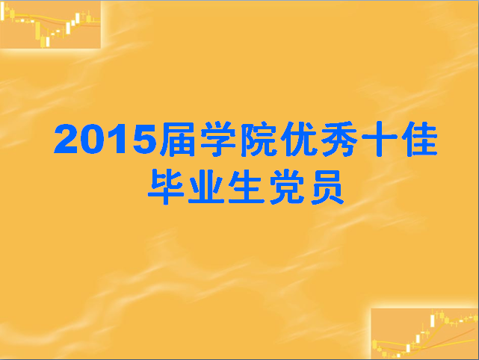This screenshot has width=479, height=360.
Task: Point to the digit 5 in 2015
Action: (145, 139)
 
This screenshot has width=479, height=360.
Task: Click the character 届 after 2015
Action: (178, 139)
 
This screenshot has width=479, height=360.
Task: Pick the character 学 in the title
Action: (218, 139)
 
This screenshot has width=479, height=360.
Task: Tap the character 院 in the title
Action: (258, 139)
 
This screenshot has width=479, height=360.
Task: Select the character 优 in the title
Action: (298, 139)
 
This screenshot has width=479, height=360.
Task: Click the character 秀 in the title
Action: (339, 139)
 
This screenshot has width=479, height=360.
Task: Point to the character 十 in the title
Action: (379, 139)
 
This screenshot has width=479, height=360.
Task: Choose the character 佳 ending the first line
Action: (419, 139)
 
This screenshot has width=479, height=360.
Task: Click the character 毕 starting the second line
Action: (165, 187)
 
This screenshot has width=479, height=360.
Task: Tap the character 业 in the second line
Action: (206, 187)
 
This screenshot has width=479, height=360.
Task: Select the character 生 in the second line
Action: (246, 187)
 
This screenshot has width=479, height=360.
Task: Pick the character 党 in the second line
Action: (286, 187)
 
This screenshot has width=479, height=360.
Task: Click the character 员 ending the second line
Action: (327, 187)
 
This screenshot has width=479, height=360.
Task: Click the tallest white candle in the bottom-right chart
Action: (432, 321)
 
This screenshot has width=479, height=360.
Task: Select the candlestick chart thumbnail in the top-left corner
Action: (50, 25)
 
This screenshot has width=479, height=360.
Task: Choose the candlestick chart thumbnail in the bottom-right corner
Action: (424, 333)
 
